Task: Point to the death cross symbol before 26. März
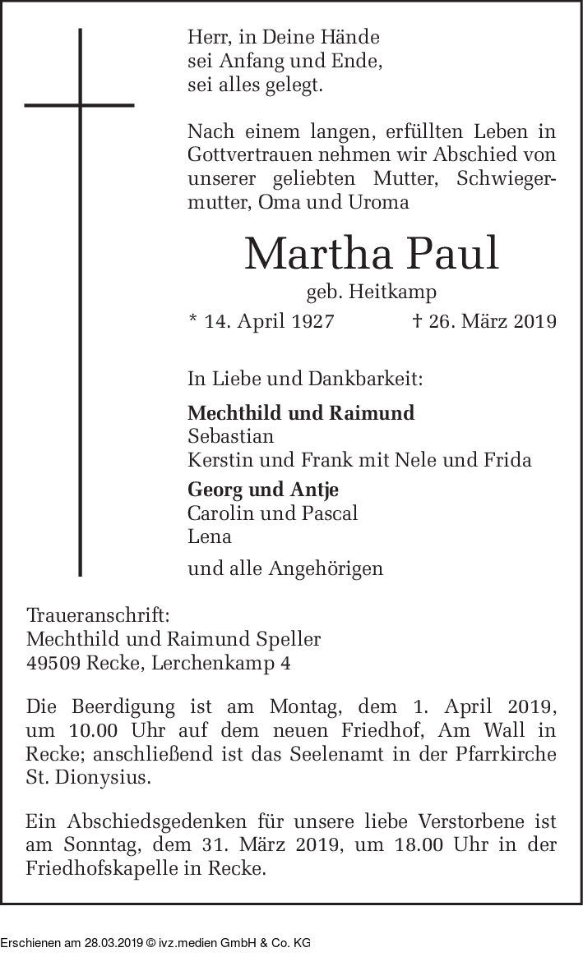point(417,320)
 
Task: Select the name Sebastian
point(230,436)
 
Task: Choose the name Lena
point(210,536)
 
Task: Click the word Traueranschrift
point(99,616)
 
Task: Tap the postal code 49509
point(53,662)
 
